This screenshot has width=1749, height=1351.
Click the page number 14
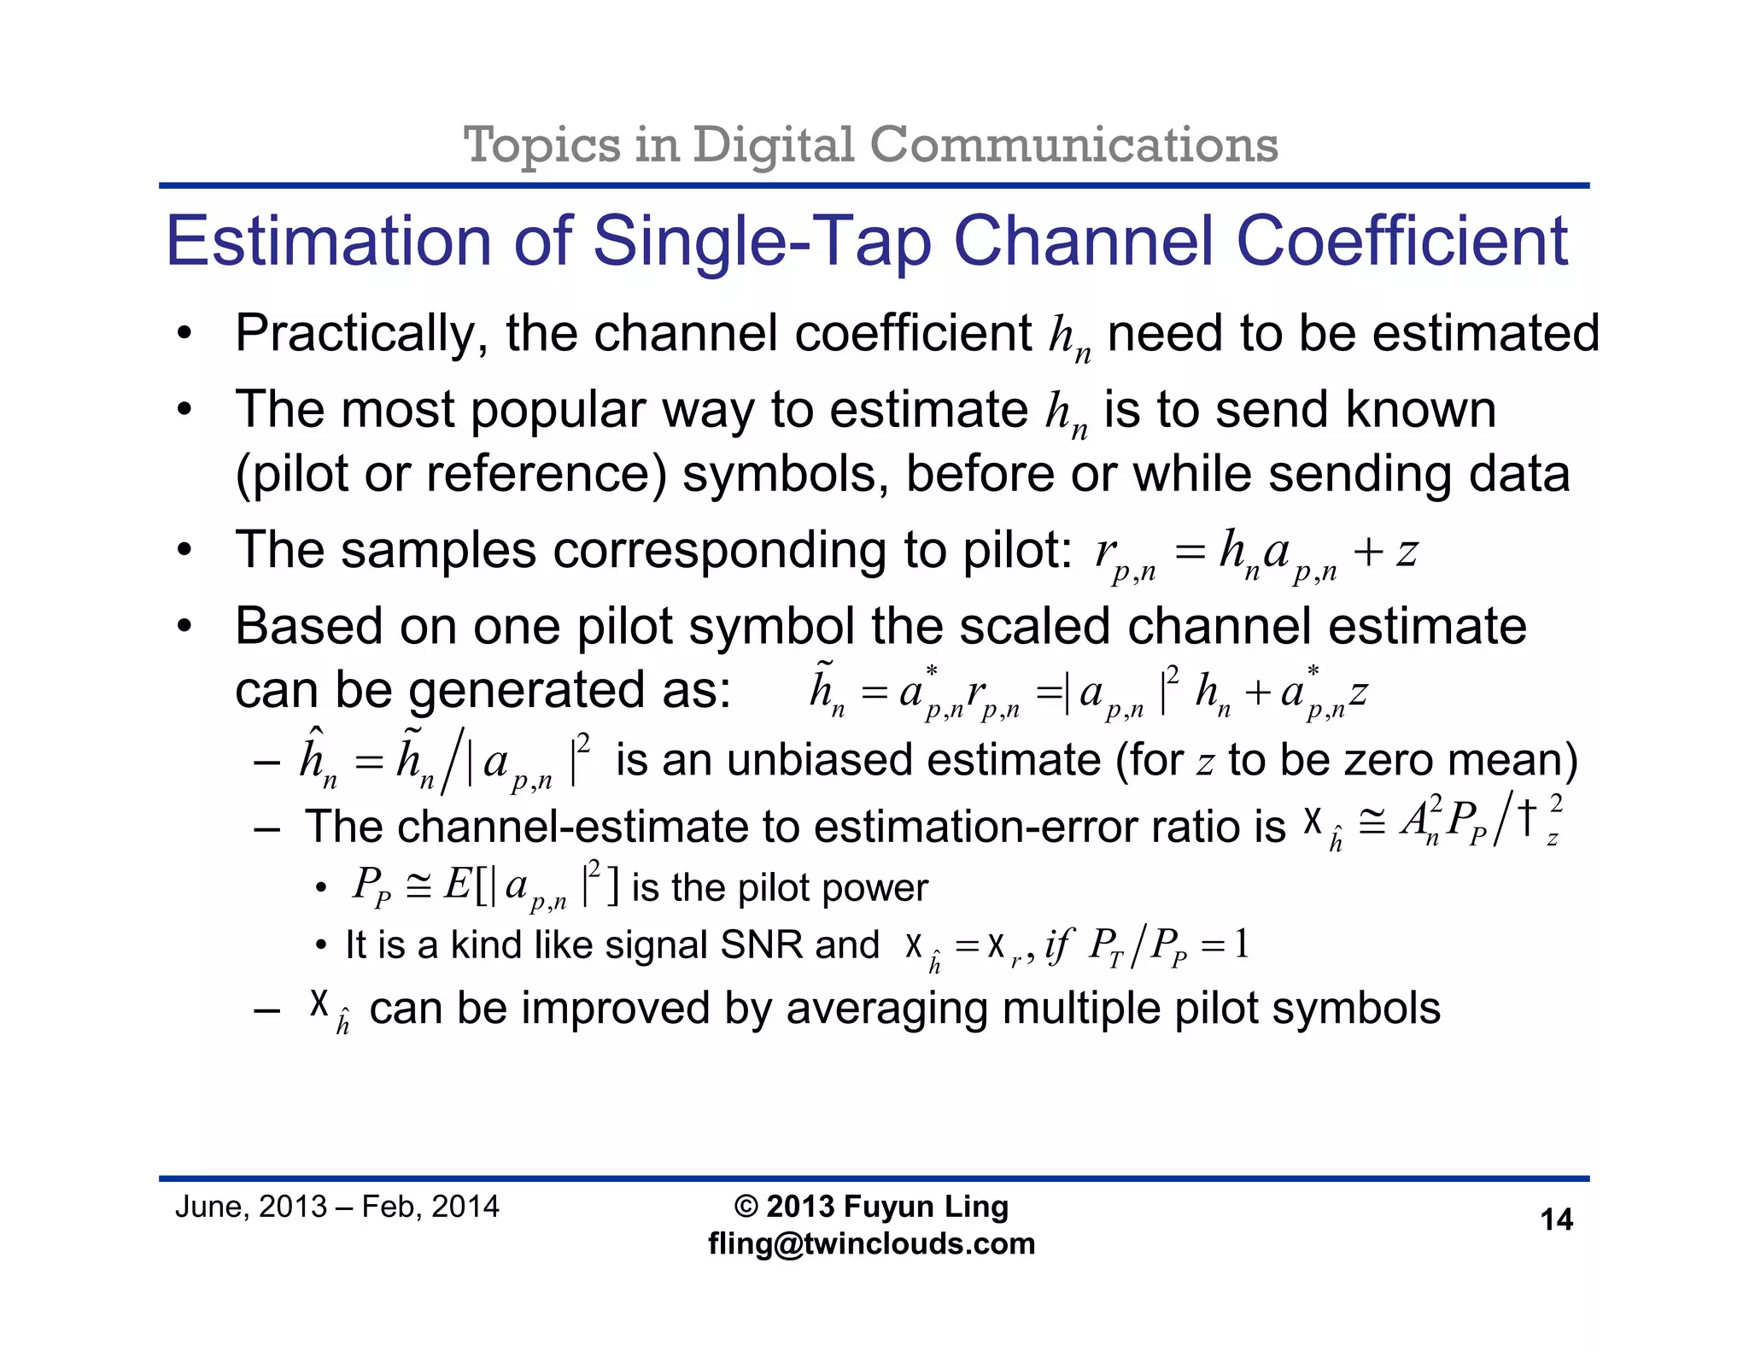(1556, 1219)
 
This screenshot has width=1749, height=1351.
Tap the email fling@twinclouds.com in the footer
(871, 1243)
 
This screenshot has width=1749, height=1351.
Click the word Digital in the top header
(773, 144)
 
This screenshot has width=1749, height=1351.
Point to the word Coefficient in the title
(1401, 242)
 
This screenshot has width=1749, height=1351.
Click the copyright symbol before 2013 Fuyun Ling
(746, 1207)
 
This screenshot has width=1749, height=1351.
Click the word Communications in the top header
(1073, 144)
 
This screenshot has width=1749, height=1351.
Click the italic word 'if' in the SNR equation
(1057, 945)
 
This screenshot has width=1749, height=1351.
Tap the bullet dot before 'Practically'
(184, 335)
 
